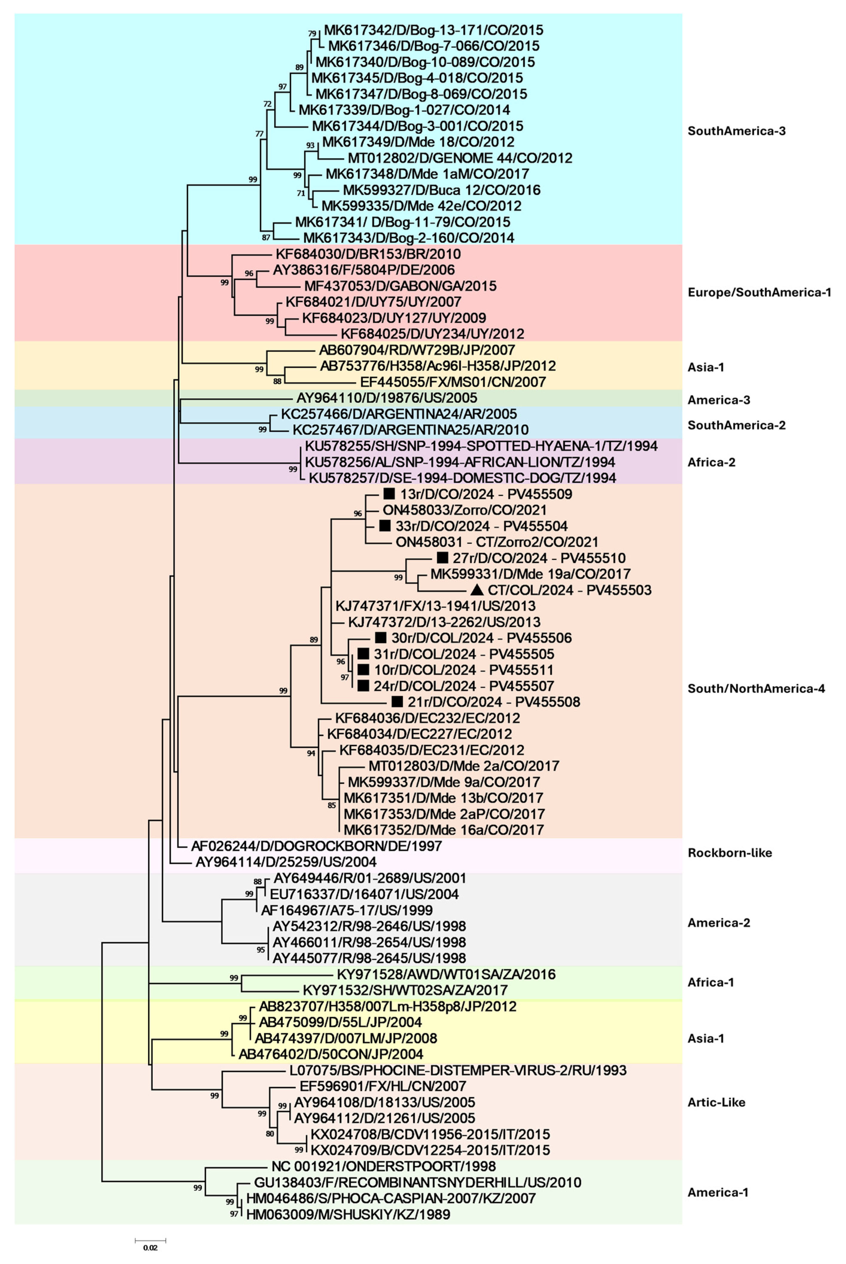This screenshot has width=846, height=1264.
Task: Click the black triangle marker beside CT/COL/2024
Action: point(477,590)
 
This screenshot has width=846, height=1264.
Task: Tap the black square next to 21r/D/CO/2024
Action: point(397,701)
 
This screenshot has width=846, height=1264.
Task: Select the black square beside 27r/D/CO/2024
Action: point(442,558)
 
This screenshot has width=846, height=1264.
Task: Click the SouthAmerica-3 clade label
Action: point(736,131)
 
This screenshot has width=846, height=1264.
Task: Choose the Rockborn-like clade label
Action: point(729,853)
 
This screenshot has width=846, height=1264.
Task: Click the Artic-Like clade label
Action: point(716,1102)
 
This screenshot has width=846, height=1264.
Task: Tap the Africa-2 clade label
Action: point(711,462)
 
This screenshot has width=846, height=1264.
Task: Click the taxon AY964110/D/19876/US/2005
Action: point(386,398)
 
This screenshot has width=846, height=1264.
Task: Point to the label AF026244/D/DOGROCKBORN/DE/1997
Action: point(316,846)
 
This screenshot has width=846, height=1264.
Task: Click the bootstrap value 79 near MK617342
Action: point(312,34)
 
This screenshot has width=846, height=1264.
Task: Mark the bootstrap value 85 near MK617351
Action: point(332,805)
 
